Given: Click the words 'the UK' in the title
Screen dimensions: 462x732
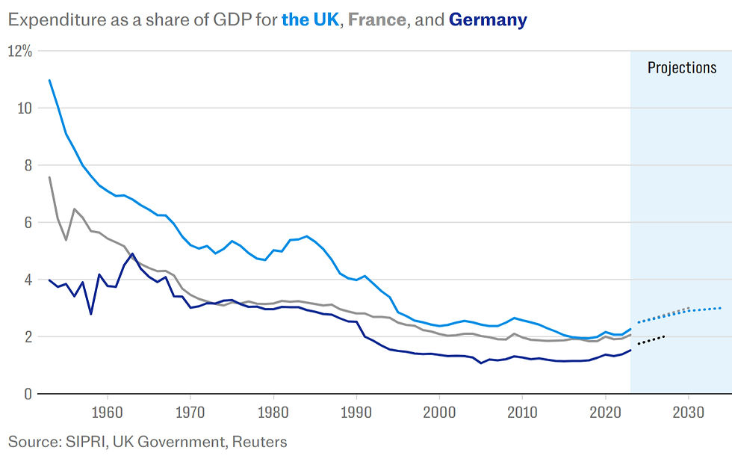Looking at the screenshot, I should [x=309, y=20].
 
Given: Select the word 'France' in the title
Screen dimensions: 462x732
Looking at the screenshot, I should [x=377, y=20].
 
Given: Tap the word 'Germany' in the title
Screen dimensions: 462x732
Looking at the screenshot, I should [x=488, y=20].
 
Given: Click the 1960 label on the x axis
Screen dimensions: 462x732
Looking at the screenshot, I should [x=107, y=411].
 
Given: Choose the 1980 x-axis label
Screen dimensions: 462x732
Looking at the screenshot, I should [x=273, y=411].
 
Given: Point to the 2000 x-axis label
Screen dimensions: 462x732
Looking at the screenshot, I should [x=439, y=411].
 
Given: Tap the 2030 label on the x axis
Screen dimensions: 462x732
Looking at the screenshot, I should [x=688, y=411].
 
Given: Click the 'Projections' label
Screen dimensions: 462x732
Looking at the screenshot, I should [x=681, y=68].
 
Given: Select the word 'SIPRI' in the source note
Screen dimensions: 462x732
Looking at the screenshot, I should [x=88, y=442].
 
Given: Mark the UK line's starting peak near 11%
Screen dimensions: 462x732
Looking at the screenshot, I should [x=49, y=80].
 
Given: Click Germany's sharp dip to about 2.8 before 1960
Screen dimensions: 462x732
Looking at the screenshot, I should [x=90, y=313].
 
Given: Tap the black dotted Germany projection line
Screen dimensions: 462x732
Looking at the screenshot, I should [x=651, y=340].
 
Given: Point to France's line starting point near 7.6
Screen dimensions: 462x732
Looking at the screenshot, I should [x=49, y=177].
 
